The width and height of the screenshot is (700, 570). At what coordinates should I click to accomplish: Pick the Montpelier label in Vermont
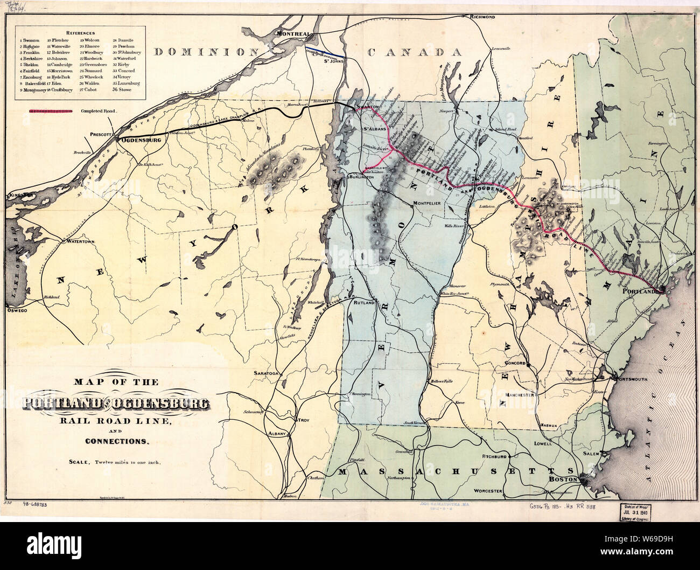coord(427,203)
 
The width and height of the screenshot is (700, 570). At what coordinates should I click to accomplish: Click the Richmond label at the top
coord(482,17)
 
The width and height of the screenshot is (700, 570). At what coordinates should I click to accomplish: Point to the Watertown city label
coord(80,241)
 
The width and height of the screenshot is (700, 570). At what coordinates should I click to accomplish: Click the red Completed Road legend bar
coord(50,111)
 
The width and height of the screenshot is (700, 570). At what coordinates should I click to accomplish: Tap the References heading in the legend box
coord(79,32)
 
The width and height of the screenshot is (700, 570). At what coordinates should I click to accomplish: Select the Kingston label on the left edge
coord(18,195)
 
